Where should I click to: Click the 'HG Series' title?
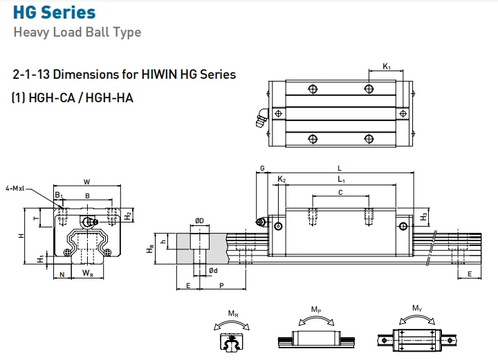pos(55,12)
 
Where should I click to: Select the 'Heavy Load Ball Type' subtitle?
pos(77,32)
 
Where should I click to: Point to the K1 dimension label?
pos(387,67)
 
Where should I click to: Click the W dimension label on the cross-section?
pos(86,182)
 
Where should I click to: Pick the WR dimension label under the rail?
pos(87,274)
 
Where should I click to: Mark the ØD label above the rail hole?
pos(199,221)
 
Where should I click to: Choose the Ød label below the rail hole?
pos(214,270)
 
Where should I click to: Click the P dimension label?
pos(221,285)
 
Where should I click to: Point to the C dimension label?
pos(340,193)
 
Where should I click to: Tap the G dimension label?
pos(263,168)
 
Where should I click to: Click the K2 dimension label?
pos(282,180)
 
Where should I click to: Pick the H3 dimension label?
pos(424,217)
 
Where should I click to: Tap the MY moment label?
pos(417,308)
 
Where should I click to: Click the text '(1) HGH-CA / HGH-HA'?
pos(73,97)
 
